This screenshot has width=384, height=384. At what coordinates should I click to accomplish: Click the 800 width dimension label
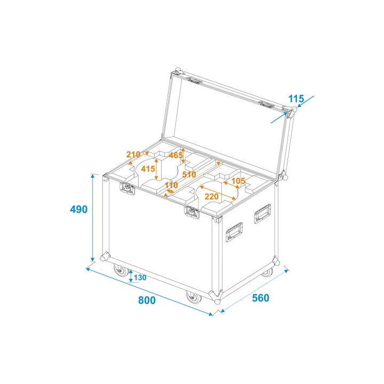click(x=147, y=300)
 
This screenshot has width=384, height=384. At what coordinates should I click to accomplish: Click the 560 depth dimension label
click(x=260, y=298)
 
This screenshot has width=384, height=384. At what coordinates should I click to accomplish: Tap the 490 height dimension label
click(x=78, y=210)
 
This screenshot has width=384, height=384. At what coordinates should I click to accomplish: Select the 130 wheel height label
click(x=140, y=277)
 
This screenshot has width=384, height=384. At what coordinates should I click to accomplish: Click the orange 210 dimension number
click(x=133, y=155)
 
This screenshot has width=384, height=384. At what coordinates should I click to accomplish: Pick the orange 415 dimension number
click(x=148, y=169)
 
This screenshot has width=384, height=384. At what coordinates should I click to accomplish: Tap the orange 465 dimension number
click(x=176, y=156)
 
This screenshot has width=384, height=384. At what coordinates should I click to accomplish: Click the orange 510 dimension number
click(x=189, y=174)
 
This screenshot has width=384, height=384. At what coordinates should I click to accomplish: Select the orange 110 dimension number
click(x=171, y=186)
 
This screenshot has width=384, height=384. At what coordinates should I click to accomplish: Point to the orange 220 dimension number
click(x=212, y=196)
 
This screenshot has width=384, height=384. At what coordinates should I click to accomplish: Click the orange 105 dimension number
click(x=238, y=181)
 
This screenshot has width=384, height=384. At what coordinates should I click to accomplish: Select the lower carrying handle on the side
click(x=234, y=233)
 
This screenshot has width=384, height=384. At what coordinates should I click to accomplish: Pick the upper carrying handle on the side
click(x=262, y=213)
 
